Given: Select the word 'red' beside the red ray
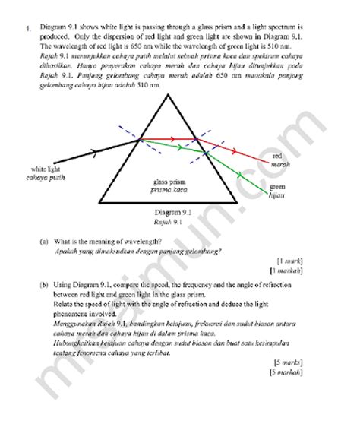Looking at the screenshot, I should (x=277, y=156).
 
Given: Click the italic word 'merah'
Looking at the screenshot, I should (x=281, y=164).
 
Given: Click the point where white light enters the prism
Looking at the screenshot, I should (x=135, y=139).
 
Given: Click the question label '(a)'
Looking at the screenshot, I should (x=44, y=241).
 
